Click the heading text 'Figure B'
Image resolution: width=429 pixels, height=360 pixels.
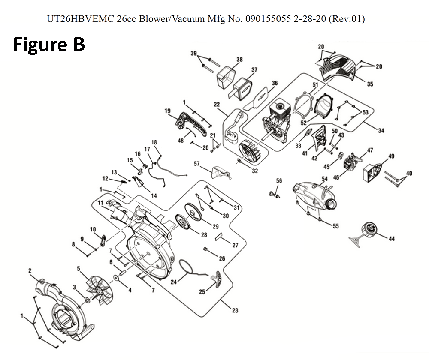point(49,45)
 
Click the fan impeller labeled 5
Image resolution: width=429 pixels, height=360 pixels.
point(99,290)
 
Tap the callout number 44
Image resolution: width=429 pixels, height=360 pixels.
point(391,239)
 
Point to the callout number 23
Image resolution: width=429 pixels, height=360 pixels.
point(235,311)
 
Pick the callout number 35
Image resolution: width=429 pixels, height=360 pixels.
point(369,84)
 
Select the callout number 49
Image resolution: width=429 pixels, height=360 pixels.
point(391,156)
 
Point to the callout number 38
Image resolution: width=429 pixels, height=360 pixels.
point(239,60)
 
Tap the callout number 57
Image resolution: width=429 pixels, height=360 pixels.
point(196,164)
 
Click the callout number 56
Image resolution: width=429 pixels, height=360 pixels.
point(279,181)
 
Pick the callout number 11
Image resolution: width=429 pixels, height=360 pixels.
point(100,202)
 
